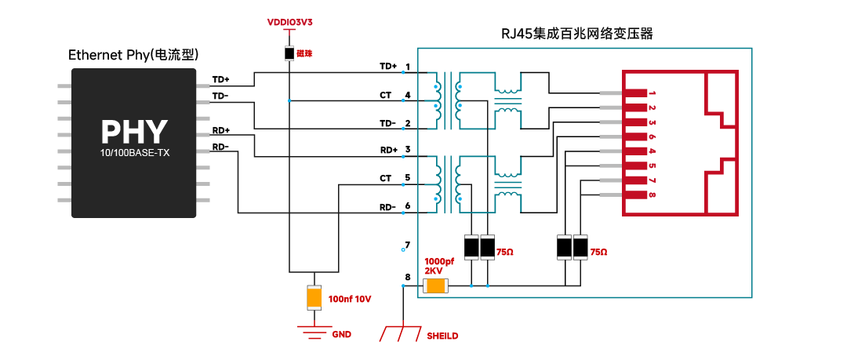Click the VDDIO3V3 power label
(290, 23)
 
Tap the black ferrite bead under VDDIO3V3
(290, 53)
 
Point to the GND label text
(341, 335)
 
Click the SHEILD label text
(442, 336)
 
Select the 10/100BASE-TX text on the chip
(135, 154)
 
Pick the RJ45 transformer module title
(577, 34)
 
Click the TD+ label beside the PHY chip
(220, 79)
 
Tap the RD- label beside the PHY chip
(220, 147)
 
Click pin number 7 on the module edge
(407, 245)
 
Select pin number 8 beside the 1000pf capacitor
(407, 278)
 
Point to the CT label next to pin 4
(386, 96)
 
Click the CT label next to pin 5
(386, 178)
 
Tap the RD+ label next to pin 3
(389, 150)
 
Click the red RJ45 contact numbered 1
(635, 93)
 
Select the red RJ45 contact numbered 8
(635, 195)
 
